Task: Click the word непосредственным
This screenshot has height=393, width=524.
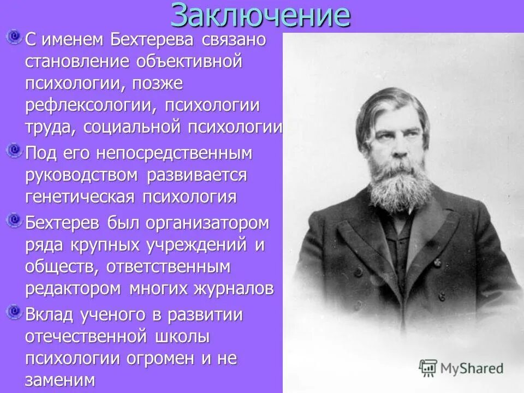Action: (x=174, y=153)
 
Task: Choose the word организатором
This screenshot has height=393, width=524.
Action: (x=210, y=223)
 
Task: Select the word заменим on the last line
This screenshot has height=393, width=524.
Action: (x=60, y=379)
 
